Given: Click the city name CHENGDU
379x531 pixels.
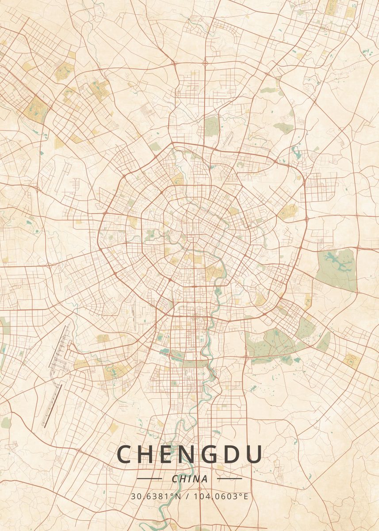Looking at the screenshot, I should [x=189, y=454].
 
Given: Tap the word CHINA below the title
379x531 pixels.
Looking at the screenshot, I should [x=189, y=479].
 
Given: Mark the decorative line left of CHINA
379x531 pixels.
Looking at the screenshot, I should [x=149, y=478].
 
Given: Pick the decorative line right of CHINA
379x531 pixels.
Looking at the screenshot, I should [x=230, y=478].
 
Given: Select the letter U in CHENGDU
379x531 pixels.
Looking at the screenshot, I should [x=253, y=454].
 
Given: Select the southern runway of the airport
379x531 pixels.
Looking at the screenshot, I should [x=52, y=405].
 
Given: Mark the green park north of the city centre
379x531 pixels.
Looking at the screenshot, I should [x=211, y=126].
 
